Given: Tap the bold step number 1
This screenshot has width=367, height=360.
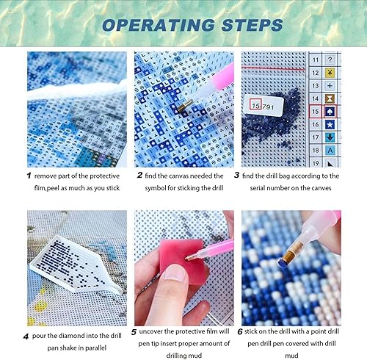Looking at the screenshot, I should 29,176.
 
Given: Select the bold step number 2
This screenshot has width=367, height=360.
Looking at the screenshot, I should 139,176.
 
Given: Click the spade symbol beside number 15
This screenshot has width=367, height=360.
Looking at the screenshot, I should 333,111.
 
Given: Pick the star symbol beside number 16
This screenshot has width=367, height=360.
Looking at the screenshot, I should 333,124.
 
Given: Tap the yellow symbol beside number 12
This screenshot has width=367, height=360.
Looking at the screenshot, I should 333,71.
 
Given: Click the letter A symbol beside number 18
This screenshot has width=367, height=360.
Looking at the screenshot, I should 333,151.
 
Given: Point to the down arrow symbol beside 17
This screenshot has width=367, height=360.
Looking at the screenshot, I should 333,137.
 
